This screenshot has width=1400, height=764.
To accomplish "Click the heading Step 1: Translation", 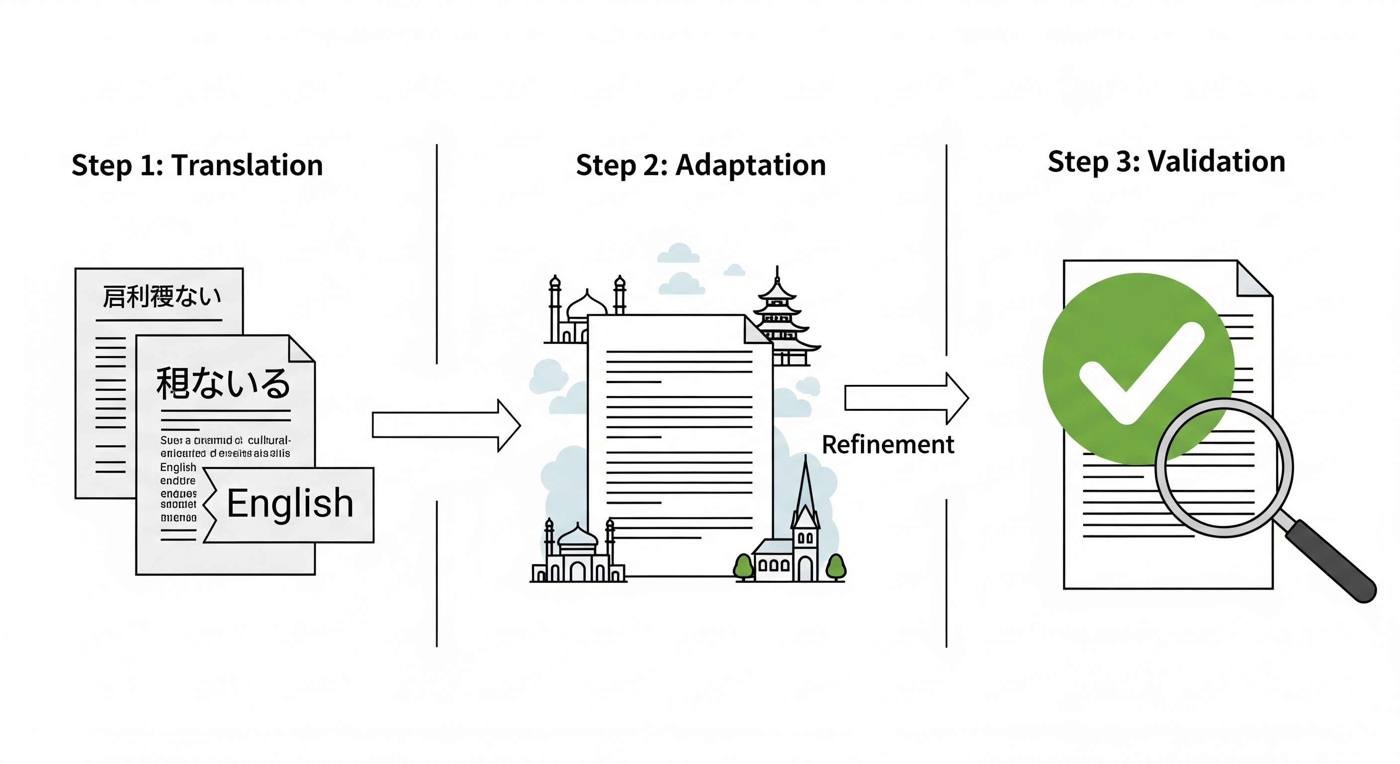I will pos(197,165).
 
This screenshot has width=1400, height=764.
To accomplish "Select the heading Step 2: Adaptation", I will pos(700,165).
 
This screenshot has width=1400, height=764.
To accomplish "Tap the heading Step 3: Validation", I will pos(1166,162).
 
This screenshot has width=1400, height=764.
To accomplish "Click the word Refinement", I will pos(887,444).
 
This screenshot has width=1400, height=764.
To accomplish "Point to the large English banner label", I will pos(290,503).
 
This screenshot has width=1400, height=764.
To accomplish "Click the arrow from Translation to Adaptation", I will pos(445,425).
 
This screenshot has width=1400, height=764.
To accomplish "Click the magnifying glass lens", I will pos(1224,468).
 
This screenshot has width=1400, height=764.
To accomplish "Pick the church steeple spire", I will pos(805,489).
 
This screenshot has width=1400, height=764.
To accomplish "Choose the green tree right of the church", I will pos(836,567).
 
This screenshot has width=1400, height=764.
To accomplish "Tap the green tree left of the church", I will pos(743,567).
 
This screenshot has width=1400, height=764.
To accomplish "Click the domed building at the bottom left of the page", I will pos(577,555).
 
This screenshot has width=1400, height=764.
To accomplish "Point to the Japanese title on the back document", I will pos(162,297).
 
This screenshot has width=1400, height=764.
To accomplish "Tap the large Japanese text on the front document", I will pos(223,383).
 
